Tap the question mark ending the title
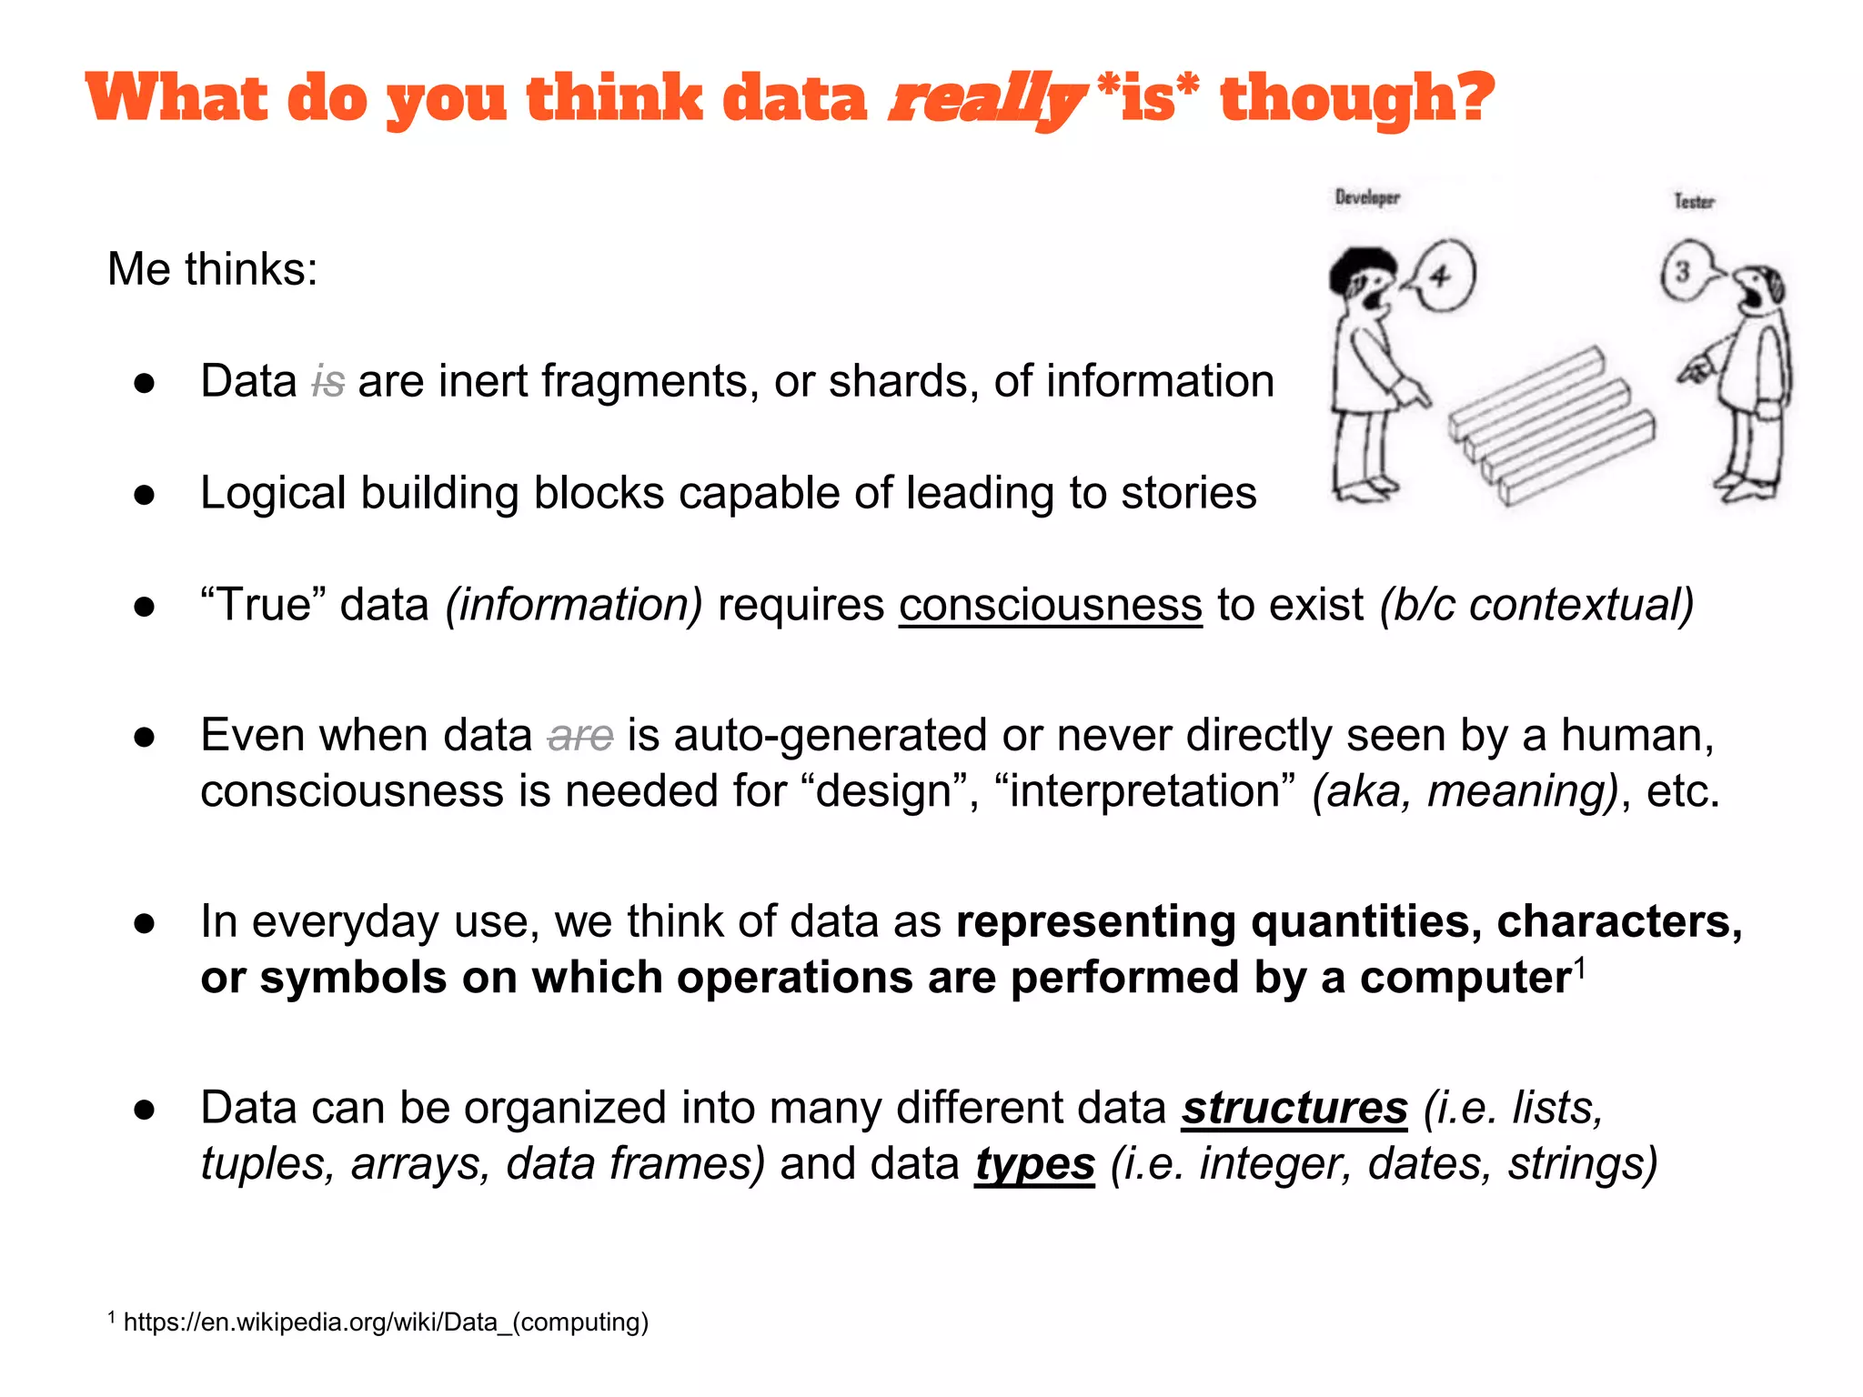tap(1471, 98)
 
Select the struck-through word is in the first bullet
tap(328, 382)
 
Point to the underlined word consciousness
tap(1051, 605)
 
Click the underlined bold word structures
tap(1294, 1108)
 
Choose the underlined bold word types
tap(1034, 1164)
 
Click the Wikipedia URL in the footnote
tap(386, 1322)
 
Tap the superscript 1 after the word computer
tap(1580, 967)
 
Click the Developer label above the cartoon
tap(1367, 197)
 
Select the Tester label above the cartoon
tap(1694, 201)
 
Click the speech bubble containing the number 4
tap(1440, 276)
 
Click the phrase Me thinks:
tap(213, 269)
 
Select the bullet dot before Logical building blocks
tap(145, 495)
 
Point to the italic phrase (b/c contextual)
tap(1536, 605)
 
